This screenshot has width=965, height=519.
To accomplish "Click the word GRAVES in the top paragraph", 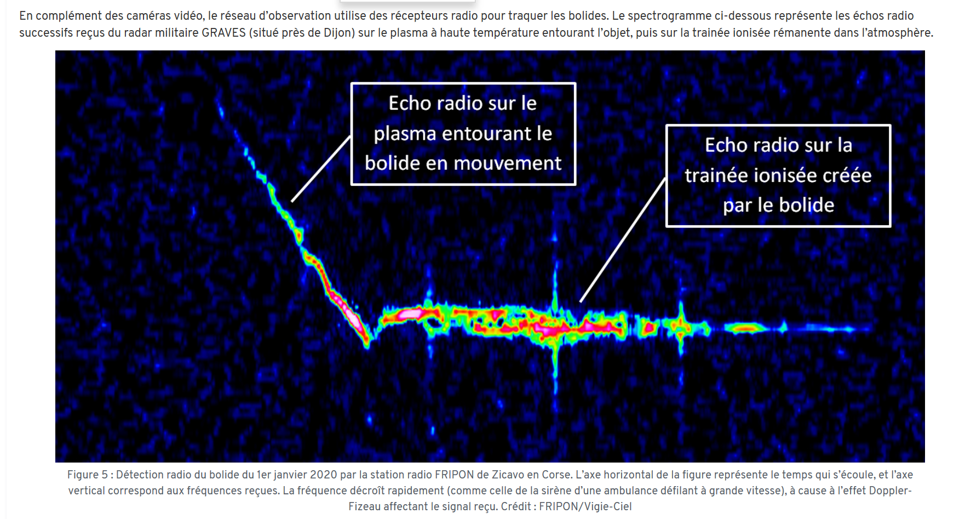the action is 223,33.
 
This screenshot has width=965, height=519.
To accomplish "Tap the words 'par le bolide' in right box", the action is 778,206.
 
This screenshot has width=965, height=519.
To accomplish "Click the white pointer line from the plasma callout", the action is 321,169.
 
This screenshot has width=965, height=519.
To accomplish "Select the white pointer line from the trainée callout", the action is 623,239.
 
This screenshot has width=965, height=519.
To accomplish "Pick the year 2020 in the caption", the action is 324,475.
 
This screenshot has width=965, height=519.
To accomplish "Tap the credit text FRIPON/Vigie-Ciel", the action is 585,506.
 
